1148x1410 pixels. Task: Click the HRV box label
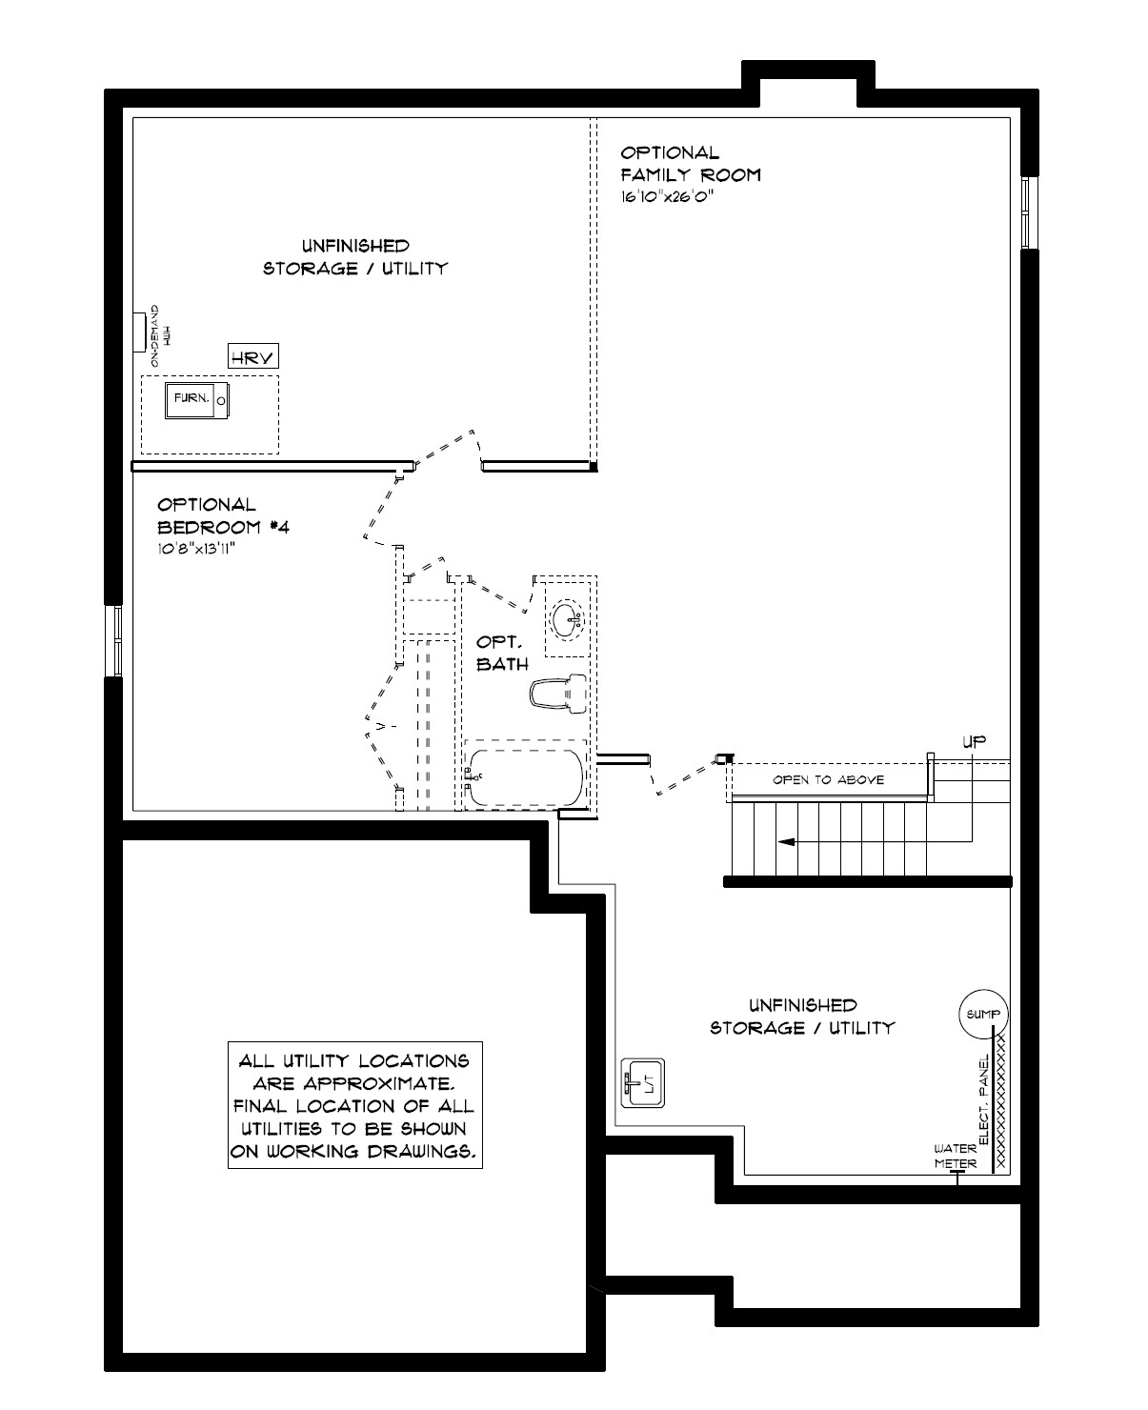tap(252, 356)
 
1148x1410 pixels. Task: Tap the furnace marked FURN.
tap(196, 400)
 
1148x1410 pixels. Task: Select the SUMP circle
tap(983, 1014)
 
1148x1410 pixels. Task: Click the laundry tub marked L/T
tap(642, 1083)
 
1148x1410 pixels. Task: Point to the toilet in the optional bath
tap(559, 694)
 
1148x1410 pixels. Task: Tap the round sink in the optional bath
tap(567, 619)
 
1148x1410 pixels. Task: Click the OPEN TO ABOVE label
tap(828, 780)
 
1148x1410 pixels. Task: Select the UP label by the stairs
tap(974, 741)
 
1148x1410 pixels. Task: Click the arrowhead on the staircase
tap(786, 842)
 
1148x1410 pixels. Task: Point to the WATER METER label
tap(956, 1156)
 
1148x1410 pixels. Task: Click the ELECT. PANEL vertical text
tap(984, 1098)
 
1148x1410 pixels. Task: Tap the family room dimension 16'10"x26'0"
tap(667, 196)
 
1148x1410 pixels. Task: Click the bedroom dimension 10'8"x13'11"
tap(196, 548)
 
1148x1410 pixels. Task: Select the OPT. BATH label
tap(502, 653)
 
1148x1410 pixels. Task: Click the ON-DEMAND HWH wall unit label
tap(159, 335)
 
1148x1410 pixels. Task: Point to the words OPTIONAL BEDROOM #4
tap(223, 515)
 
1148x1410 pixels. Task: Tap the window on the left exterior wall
tap(114, 640)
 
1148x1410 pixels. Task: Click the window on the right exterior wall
tap(1030, 212)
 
